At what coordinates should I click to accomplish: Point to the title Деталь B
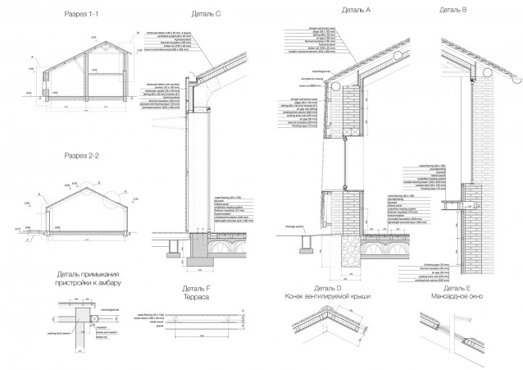tap(453, 10)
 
